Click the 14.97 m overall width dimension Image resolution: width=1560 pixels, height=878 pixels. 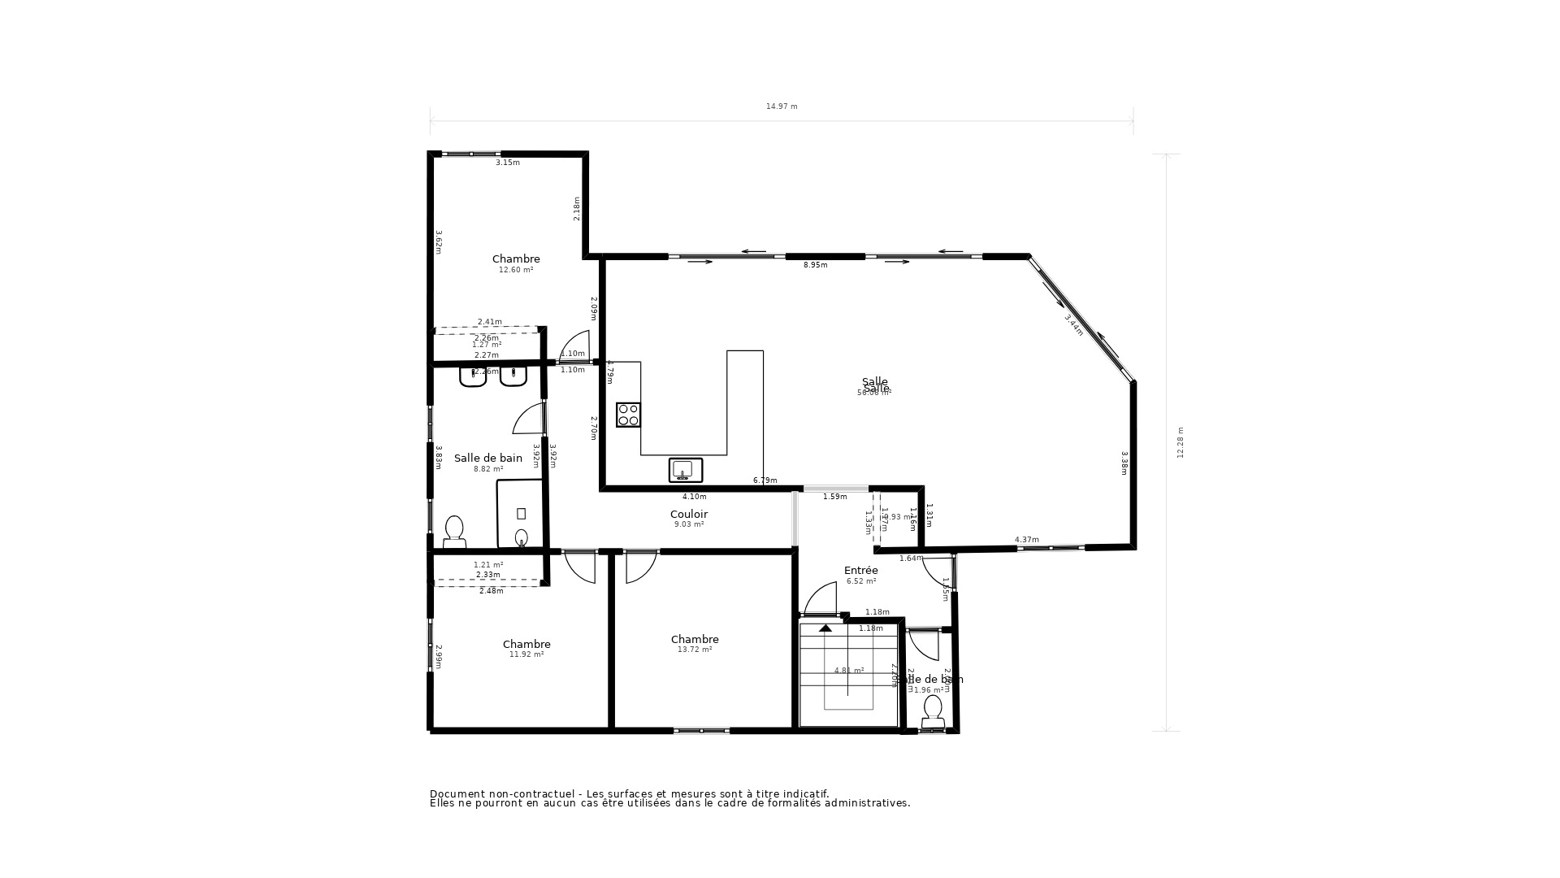(782, 106)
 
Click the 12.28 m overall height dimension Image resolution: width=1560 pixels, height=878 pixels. (1181, 442)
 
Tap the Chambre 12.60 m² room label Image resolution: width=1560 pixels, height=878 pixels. (516, 263)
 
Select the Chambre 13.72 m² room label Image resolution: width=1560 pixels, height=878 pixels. (695, 644)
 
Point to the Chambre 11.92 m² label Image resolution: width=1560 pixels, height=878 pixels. (526, 649)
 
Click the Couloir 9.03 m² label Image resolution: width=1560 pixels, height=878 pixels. (689, 519)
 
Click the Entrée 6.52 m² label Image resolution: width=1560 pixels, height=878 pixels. (860, 575)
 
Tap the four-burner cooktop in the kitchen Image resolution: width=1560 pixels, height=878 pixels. (628, 415)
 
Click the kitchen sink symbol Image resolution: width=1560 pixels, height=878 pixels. (685, 470)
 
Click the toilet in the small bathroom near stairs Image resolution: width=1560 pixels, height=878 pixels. (933, 711)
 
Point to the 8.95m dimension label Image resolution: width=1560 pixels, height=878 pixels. (815, 265)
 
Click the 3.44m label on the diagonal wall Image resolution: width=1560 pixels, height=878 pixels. (1073, 325)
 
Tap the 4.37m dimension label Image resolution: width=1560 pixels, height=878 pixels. (1026, 540)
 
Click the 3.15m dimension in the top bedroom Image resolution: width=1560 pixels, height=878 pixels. (508, 163)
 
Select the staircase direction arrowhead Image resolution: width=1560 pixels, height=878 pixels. (825, 628)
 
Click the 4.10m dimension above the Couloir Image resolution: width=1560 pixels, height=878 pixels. (694, 497)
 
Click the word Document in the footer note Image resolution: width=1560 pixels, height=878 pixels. (457, 794)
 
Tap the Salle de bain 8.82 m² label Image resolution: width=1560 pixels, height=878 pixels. (488, 463)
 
